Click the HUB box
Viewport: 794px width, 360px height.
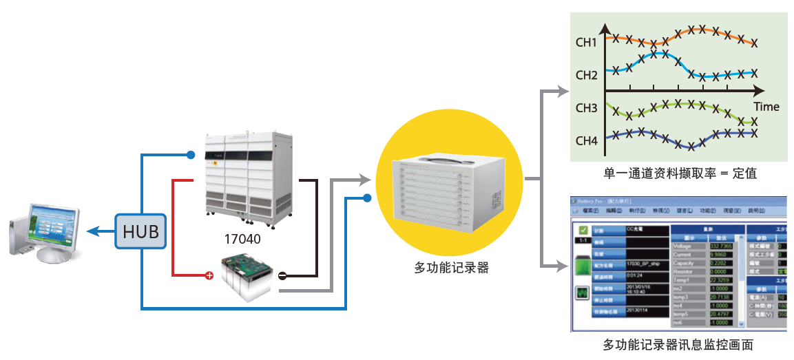coord(140,232)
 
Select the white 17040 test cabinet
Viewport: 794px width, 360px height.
coord(249,178)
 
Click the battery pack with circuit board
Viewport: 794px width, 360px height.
coord(246,273)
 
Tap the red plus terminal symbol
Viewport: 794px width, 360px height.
coord(209,277)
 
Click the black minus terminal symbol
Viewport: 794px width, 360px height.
coord(283,277)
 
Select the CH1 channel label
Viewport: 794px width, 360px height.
coord(586,43)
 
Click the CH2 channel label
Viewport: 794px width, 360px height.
coord(586,75)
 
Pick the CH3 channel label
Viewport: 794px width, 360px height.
coord(586,108)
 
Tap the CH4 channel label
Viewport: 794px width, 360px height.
coord(586,141)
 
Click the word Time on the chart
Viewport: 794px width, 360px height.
coord(766,107)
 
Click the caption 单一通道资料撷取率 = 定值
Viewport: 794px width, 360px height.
coord(680,173)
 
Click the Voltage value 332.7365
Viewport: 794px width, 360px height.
coord(721,246)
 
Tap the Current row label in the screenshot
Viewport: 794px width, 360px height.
coord(683,255)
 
